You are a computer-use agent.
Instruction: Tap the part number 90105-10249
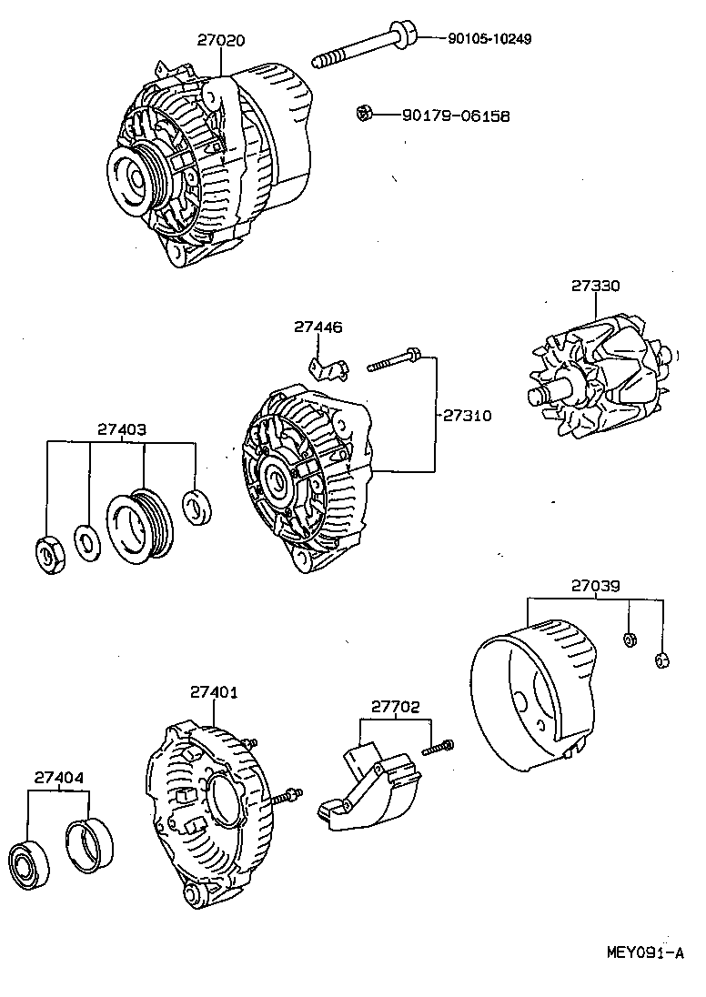489,39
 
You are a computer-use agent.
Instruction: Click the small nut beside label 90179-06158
363,113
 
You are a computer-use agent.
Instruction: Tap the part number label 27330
596,285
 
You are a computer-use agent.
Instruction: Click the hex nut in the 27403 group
48,554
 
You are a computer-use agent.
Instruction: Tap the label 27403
123,428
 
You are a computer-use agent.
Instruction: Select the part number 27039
596,586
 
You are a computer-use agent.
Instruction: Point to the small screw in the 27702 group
437,748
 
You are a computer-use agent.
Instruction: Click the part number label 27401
214,692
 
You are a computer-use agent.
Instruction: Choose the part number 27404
59,778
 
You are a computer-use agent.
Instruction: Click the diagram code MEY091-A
644,953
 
